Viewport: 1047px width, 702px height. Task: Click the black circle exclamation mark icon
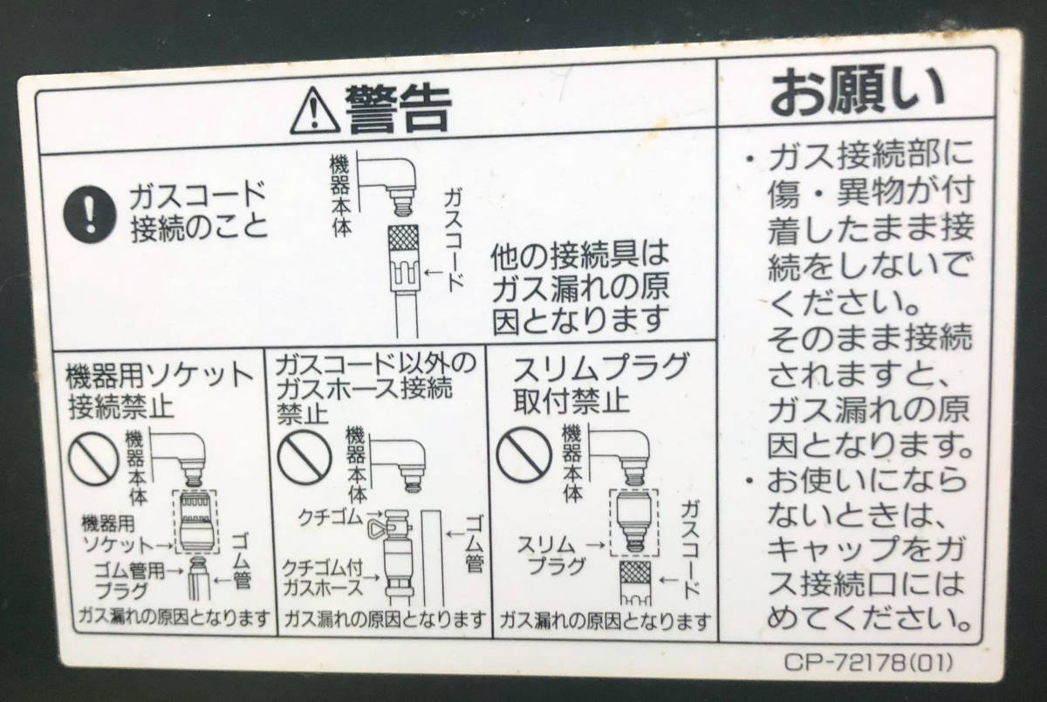pos(90,214)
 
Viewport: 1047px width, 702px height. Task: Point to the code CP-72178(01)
pos(867,662)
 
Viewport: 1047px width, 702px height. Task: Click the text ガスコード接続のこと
pos(199,213)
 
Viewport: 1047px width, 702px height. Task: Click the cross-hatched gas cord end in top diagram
pos(404,239)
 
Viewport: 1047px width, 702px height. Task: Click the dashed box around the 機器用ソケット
pos(195,521)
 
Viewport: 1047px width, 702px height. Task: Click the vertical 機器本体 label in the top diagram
pos(340,195)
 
